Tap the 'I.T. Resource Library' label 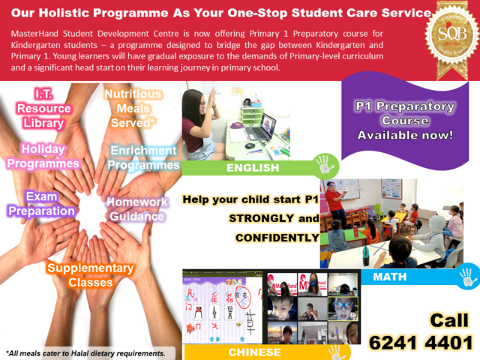(x=43, y=108)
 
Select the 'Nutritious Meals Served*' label (x=133, y=107)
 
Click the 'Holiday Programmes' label (x=43, y=156)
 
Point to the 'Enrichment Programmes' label (x=142, y=157)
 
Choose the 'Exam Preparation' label (x=42, y=203)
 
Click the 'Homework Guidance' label (x=136, y=209)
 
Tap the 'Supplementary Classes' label (x=90, y=275)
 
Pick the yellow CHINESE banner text (x=255, y=352)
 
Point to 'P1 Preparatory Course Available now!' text (x=404, y=121)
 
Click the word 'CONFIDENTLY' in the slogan (x=277, y=238)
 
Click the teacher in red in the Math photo (x=339, y=210)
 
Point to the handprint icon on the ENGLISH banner (x=325, y=163)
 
